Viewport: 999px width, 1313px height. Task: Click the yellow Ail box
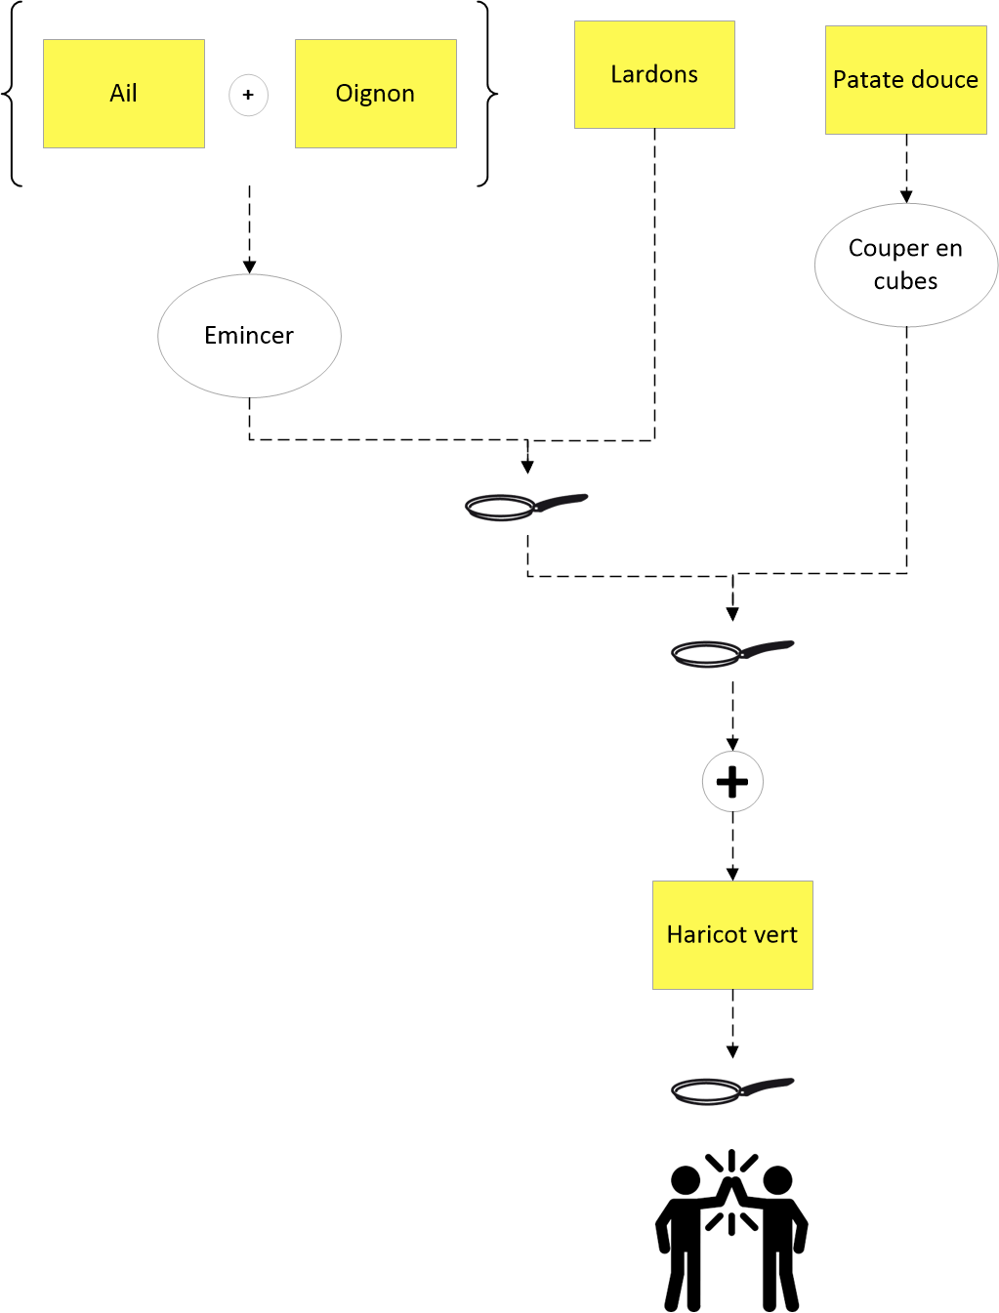124,94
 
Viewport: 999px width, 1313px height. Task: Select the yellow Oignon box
376,94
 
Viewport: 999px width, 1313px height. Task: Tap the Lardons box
654,75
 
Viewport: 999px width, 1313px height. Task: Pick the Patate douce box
905,79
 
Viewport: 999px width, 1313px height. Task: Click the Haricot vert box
732,935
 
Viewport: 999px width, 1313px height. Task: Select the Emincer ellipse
249,336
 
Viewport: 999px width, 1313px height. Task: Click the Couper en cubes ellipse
905,265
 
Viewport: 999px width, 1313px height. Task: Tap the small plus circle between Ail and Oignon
248,95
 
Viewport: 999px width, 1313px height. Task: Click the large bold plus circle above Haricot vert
732,781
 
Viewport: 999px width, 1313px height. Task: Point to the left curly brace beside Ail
12,94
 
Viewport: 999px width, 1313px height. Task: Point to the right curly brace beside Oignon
487,94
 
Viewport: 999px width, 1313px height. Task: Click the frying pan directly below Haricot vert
732,1090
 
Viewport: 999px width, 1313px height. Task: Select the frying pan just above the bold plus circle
732,653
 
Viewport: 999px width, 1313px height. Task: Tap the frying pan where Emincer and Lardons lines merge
526,507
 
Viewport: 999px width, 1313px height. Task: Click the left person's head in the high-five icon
686,1180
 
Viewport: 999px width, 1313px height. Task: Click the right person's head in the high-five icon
777,1180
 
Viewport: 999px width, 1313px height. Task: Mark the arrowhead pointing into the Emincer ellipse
249,267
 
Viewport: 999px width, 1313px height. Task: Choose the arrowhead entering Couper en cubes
906,196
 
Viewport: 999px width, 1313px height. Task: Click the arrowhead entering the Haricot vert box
732,874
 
